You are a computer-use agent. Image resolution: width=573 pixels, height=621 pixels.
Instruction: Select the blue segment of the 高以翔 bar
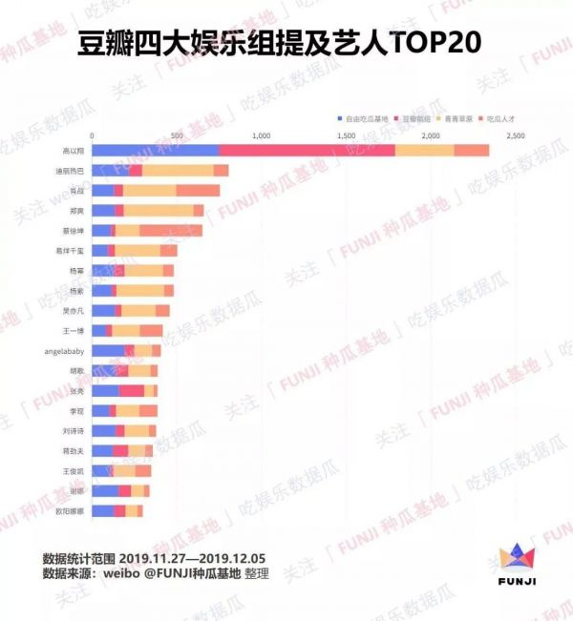pyautogui.click(x=155, y=150)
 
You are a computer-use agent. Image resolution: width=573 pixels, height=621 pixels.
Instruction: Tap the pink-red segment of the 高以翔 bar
pyautogui.click(x=307, y=150)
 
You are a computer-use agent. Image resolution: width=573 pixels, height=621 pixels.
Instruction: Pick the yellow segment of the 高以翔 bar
pyautogui.click(x=424, y=150)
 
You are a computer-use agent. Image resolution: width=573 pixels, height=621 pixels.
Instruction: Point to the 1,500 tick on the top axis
pyautogui.click(x=346, y=136)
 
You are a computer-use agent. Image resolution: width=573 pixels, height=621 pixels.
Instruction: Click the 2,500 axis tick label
pyautogui.click(x=516, y=136)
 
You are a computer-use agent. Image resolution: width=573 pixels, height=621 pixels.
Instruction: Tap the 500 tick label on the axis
pyautogui.click(x=177, y=136)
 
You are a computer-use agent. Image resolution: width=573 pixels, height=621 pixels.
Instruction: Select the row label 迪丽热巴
pyautogui.click(x=70, y=171)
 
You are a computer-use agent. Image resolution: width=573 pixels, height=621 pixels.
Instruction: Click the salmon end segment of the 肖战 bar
pyautogui.click(x=198, y=191)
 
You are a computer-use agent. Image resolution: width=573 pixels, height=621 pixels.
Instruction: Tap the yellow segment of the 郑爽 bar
pyautogui.click(x=158, y=211)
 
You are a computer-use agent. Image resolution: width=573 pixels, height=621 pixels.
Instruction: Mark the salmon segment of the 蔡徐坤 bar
pyautogui.click(x=171, y=231)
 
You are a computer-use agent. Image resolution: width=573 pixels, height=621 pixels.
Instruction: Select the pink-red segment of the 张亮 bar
pyautogui.click(x=132, y=391)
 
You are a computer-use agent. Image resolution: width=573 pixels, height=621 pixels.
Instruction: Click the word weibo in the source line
pyautogui.click(x=135, y=574)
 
